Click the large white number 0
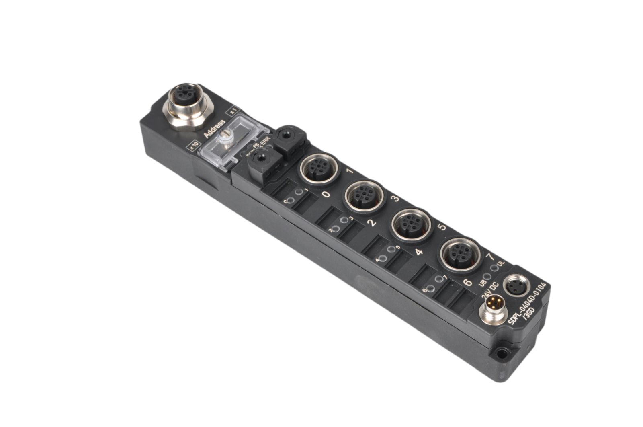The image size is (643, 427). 326,195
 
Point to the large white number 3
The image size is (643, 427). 395,198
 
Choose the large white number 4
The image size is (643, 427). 419,252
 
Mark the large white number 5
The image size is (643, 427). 441,227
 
